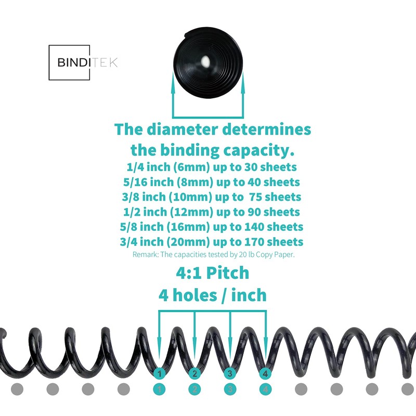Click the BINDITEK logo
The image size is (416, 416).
click(83, 62)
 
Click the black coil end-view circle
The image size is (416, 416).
click(209, 60)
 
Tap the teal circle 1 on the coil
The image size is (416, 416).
click(160, 373)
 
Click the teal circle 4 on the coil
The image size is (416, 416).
click(266, 373)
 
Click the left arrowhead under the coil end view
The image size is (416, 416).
click(173, 78)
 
